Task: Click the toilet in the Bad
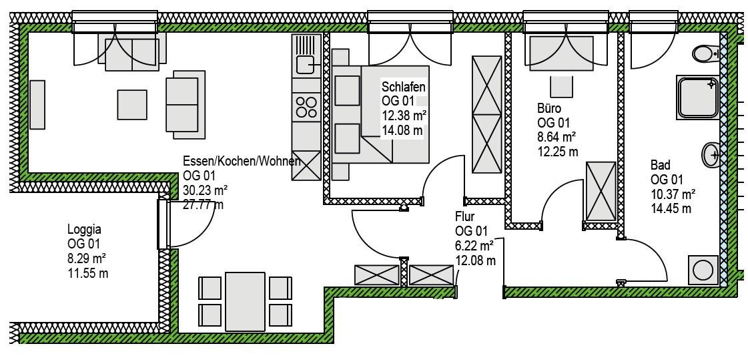coord(705,53)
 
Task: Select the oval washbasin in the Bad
coord(711,155)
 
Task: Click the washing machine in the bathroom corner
coord(703,270)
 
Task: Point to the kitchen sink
coord(304,62)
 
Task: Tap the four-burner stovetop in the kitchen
coord(306,107)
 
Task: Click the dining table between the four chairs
coord(245,301)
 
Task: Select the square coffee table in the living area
coord(132,105)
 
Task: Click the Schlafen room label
coord(403,87)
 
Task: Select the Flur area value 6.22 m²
coord(474,246)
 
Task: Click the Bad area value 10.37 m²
coord(673,194)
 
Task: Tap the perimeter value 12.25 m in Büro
coord(558,152)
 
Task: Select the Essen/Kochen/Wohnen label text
coord(242,162)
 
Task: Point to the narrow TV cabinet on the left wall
coord(37,105)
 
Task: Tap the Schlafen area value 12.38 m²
coord(404,116)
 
